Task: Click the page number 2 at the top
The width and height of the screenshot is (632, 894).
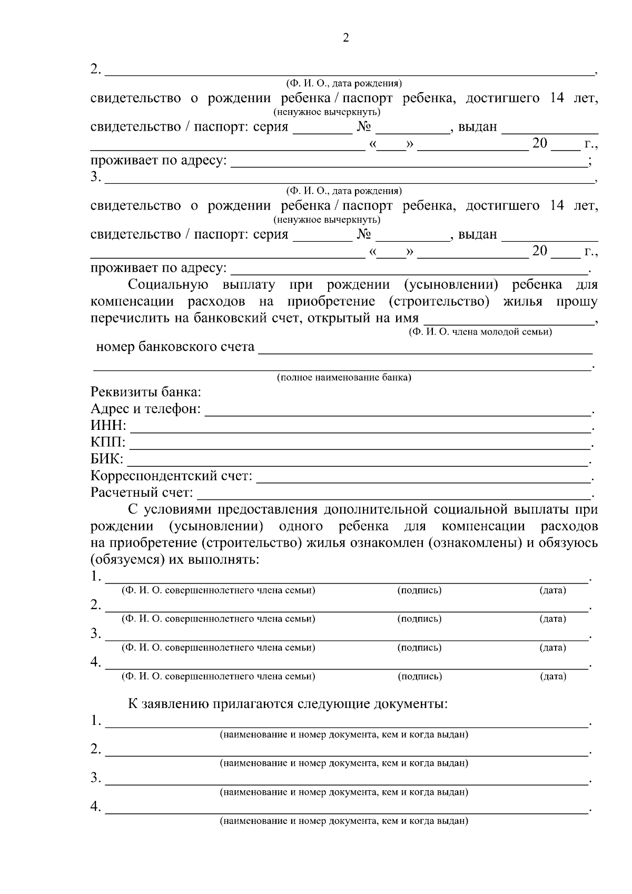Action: click(345, 38)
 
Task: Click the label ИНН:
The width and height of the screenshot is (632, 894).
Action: click(108, 426)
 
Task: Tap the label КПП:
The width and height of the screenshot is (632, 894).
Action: click(108, 443)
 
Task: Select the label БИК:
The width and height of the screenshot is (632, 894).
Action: click(107, 459)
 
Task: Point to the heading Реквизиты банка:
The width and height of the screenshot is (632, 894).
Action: click(146, 392)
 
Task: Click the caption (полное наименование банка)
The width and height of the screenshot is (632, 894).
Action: click(344, 378)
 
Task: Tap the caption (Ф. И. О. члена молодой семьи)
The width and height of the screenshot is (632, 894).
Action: click(480, 332)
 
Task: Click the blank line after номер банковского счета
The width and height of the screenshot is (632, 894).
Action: click(424, 351)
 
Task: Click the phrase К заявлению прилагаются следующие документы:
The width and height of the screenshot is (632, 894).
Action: click(288, 704)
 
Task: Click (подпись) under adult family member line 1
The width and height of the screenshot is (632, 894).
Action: click(419, 591)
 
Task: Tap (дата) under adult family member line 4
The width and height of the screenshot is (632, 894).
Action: click(552, 676)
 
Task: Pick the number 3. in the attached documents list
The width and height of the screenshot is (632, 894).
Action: click(95, 778)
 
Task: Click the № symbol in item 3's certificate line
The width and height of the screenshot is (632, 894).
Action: click(364, 234)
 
